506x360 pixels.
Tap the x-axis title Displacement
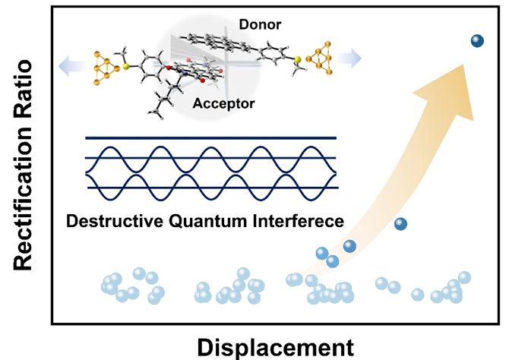pyautogui.click(x=275, y=346)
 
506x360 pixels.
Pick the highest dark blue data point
pyautogui.click(x=477, y=42)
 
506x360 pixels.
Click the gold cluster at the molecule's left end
pyautogui.click(x=104, y=64)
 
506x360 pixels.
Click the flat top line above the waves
pyautogui.click(x=211, y=138)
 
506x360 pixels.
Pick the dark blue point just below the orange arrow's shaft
pyautogui.click(x=400, y=224)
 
